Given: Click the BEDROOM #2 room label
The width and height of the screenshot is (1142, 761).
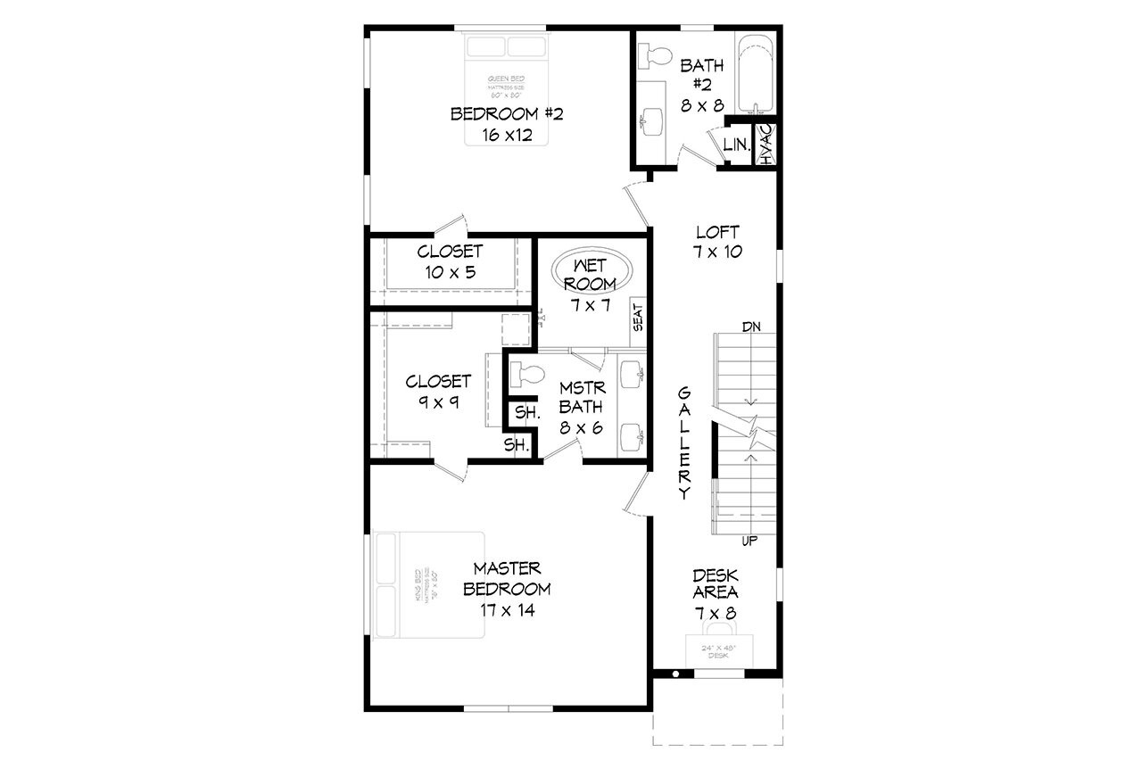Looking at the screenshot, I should (506, 114).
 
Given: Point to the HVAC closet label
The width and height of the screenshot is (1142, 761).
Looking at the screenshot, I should (765, 144).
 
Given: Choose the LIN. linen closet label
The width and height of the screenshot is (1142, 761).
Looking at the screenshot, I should (736, 145).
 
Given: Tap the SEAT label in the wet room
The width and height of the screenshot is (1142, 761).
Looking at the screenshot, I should (638, 317).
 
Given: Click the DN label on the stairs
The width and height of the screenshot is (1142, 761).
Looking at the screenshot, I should (751, 327).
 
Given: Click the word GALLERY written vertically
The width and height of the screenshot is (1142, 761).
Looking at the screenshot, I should (684, 443).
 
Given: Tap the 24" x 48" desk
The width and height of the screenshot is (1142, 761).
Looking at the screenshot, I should (718, 649).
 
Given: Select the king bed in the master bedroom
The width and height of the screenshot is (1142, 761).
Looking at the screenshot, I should (428, 585).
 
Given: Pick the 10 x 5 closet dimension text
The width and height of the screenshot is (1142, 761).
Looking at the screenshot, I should (450, 273).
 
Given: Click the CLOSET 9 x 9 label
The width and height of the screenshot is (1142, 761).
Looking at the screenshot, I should (438, 391).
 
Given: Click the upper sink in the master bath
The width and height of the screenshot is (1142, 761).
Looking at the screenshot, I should (632, 373).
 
